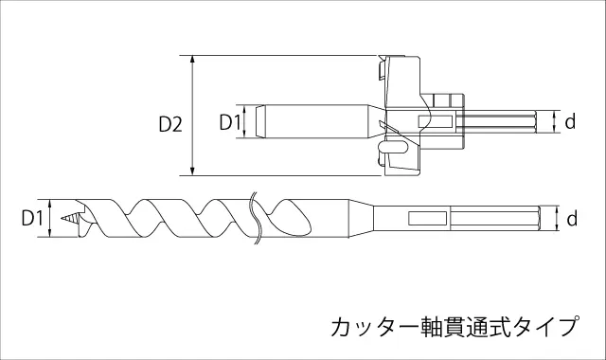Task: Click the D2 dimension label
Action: pyautogui.click(x=170, y=124)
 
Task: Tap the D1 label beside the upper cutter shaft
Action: pyautogui.click(x=230, y=122)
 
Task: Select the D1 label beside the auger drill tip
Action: pyautogui.click(x=32, y=218)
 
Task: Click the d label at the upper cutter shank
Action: pyautogui.click(x=570, y=121)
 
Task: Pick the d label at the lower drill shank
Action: pyautogui.click(x=572, y=218)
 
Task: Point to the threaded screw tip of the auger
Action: pyautogui.click(x=69, y=219)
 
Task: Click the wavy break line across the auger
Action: pyautogui.click(x=256, y=219)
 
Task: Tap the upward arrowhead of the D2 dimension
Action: pyautogui.click(x=193, y=59)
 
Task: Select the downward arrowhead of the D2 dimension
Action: pyautogui.click(x=193, y=171)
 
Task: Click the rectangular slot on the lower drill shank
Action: pyautogui.click(x=428, y=219)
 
